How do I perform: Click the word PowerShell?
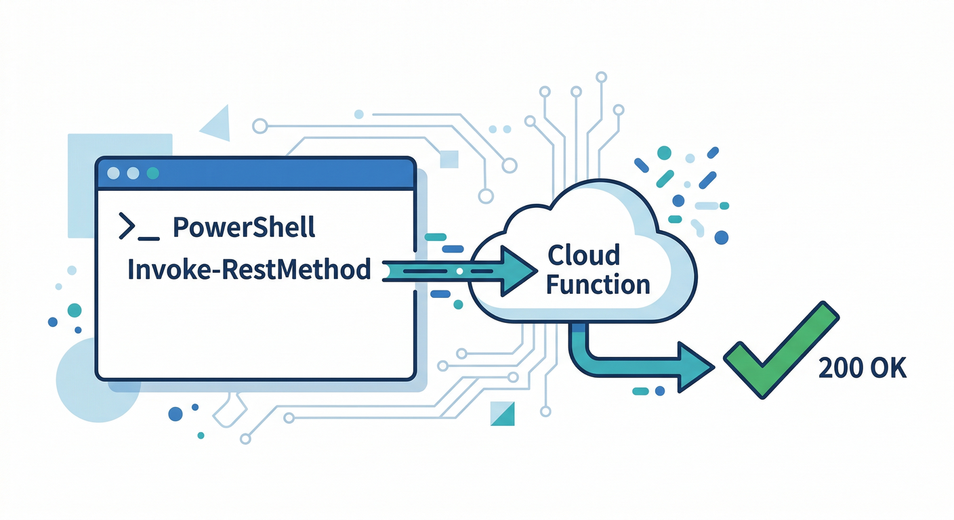coord(244,228)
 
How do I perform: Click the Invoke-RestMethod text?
coord(249,269)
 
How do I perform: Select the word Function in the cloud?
coord(598,284)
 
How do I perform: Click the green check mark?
coord(779,352)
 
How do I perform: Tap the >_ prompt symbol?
coord(138,227)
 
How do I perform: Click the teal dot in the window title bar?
coord(152,173)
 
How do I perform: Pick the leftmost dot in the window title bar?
coord(113,173)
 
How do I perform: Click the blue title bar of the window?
coord(271,173)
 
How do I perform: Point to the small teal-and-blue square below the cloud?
coord(501,414)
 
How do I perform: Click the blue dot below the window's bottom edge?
coord(175,414)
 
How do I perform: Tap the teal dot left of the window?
coord(75,310)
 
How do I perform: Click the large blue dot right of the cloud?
coord(722,237)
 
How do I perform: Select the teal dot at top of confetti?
coord(664,152)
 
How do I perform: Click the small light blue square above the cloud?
coord(449,158)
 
